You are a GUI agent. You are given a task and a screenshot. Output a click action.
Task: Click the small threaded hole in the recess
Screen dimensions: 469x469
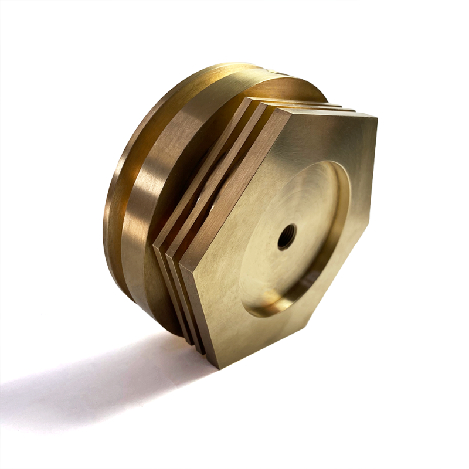(x=287, y=236)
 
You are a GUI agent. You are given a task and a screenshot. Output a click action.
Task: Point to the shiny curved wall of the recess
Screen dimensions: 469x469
(x=337, y=193)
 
